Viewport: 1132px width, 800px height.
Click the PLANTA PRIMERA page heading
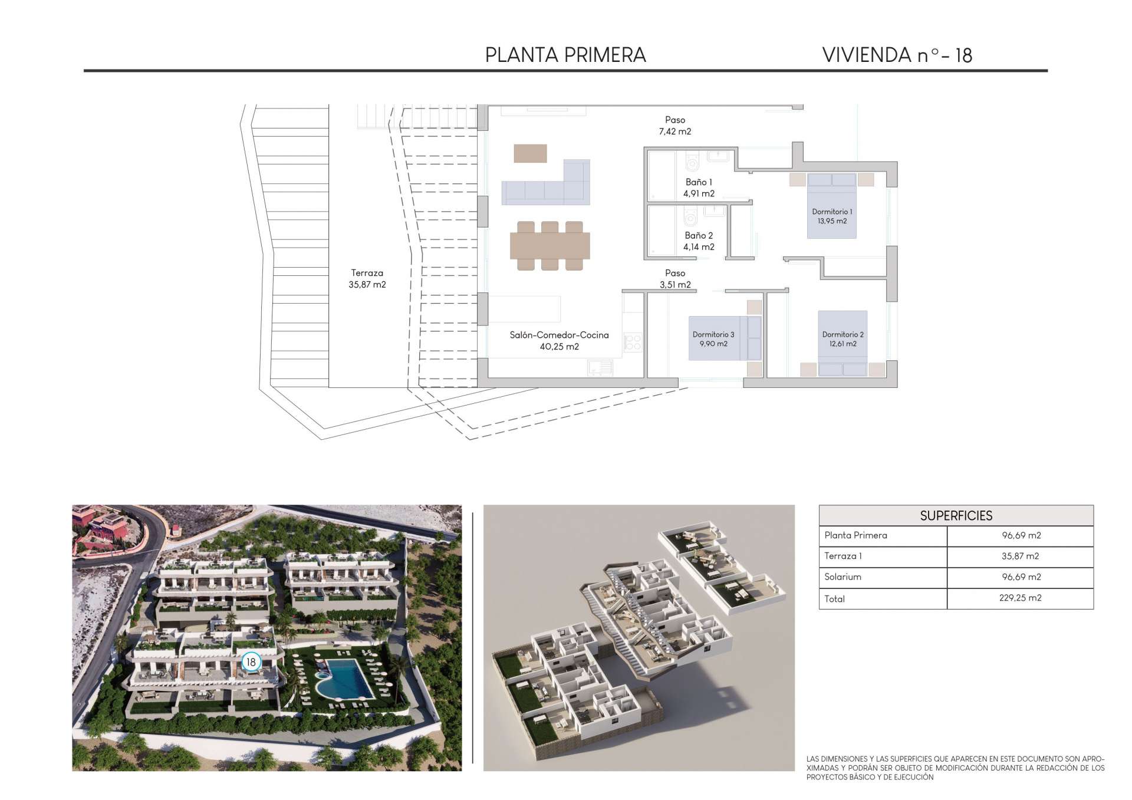(565, 55)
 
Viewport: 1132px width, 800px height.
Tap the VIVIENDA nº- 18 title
(897, 55)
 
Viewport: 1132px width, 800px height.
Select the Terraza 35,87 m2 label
(367, 278)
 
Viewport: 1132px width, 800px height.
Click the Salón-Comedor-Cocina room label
(559, 340)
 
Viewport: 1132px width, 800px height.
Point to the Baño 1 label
(699, 187)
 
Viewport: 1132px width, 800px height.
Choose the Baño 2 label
(699, 241)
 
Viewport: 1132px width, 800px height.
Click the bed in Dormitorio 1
(831, 206)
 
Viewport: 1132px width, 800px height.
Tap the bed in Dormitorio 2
(843, 343)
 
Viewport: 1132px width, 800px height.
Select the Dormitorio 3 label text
(713, 334)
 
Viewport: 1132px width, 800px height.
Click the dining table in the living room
(549, 246)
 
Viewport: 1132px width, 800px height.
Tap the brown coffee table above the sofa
(530, 153)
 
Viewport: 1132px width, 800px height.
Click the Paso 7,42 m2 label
(675, 126)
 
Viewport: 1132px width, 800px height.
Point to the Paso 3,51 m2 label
(675, 279)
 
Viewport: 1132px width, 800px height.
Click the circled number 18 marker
(251, 662)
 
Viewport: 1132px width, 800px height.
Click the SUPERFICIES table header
(956, 516)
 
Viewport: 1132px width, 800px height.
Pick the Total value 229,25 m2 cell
(1020, 598)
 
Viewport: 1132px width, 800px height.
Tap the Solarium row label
(843, 577)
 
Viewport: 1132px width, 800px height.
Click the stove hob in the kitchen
(633, 343)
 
